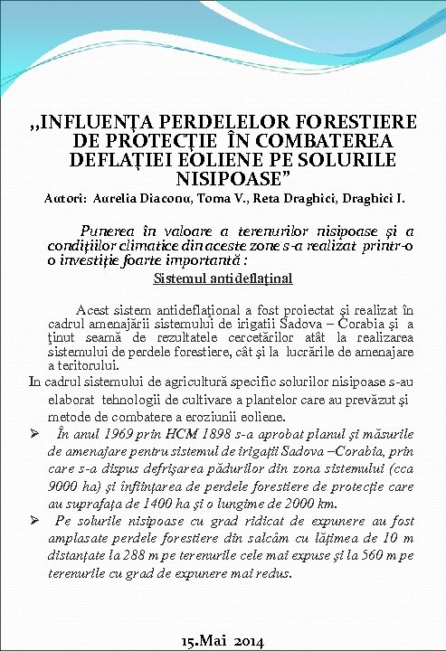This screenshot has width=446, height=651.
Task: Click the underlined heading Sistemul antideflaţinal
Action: [x=223, y=278]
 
